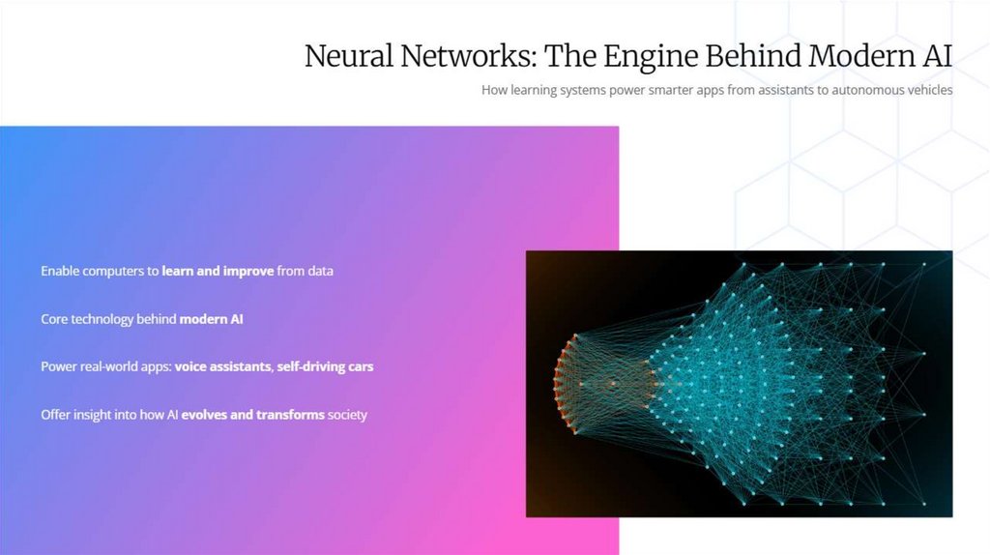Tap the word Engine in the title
coord(650,56)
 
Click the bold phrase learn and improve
coord(218,271)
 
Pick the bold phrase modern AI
coord(211,318)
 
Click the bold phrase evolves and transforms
coord(252,415)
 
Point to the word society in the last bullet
coord(347,415)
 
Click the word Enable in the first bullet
coord(59,271)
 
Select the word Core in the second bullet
coord(54,318)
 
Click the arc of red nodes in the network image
coord(560,384)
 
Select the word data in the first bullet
coord(320,271)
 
